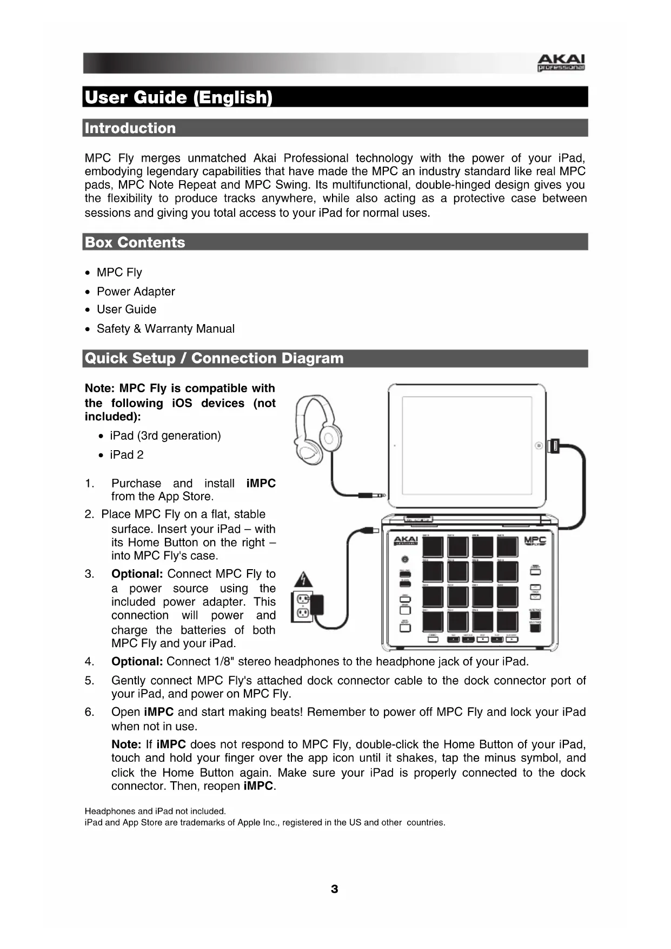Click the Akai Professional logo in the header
tap(561, 63)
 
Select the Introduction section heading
tap(130, 128)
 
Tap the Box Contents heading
tap(135, 242)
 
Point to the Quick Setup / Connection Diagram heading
tap(214, 358)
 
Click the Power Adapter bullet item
tap(136, 292)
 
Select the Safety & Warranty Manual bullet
tap(165, 329)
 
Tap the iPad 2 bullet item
tap(127, 455)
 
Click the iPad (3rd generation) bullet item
tap(165, 436)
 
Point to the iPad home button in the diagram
tap(539, 445)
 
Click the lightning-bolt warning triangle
tap(304, 581)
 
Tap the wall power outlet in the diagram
tap(302, 606)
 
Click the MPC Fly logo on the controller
tap(535, 541)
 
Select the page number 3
tap(335, 889)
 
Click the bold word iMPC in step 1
tap(261, 484)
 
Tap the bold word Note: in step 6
tap(126, 744)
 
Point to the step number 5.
tap(89, 681)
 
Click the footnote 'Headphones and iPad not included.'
tap(155, 811)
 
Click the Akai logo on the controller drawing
tap(405, 541)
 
